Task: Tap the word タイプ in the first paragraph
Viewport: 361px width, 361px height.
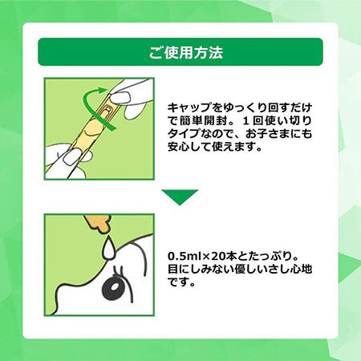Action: coord(182,136)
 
